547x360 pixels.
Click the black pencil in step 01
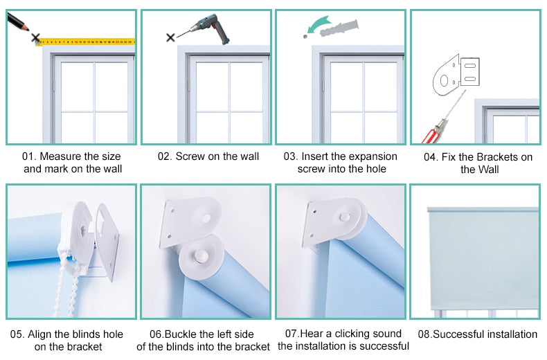[17, 22]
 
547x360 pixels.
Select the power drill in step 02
[209, 28]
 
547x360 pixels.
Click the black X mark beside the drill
[170, 37]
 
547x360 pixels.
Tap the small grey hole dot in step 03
[305, 36]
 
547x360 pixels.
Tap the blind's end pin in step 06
[201, 256]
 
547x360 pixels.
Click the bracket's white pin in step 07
[345, 217]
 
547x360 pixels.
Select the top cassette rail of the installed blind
[483, 210]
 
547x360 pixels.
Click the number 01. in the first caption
[29, 156]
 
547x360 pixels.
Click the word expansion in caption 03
[374, 156]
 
